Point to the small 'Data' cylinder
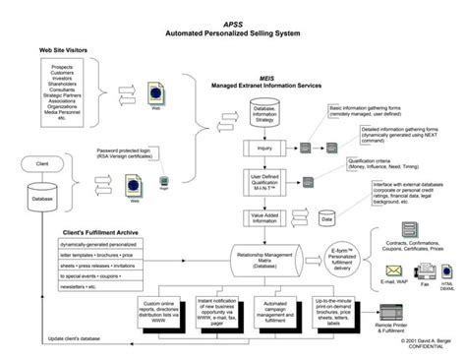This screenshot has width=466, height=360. coord(327,222)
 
